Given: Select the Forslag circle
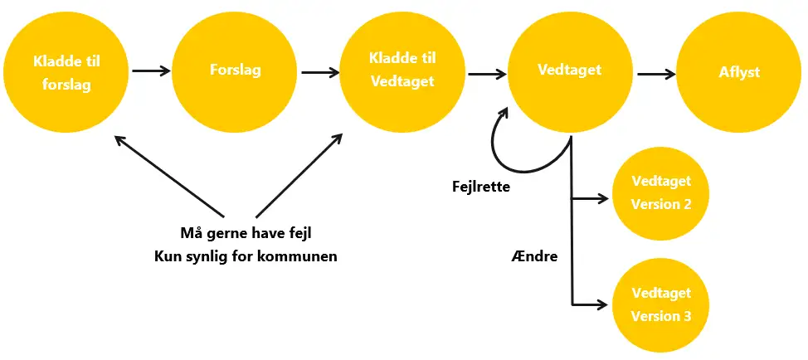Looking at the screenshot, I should click(x=235, y=71).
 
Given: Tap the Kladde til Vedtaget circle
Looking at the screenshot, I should click(x=402, y=71).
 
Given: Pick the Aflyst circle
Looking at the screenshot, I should click(x=739, y=73).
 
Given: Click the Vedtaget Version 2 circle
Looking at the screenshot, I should click(x=660, y=192).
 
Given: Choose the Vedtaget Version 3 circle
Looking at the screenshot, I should click(x=660, y=304).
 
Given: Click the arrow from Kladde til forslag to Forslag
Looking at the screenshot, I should click(x=150, y=71).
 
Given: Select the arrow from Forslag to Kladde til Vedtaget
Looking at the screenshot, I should click(x=319, y=72).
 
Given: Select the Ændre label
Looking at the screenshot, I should click(x=535, y=256).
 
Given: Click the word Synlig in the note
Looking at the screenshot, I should click(x=208, y=256).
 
